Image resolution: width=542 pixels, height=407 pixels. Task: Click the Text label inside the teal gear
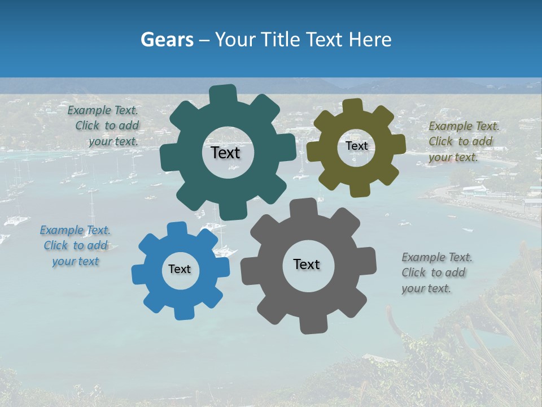(x=225, y=153)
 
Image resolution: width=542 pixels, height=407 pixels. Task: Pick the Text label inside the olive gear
(x=356, y=146)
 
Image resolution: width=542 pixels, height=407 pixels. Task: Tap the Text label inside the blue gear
(x=180, y=270)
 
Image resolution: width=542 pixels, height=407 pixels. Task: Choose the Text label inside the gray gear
(x=307, y=265)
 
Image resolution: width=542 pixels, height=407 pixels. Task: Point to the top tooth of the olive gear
(x=353, y=106)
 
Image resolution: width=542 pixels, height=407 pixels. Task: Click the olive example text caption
(x=464, y=142)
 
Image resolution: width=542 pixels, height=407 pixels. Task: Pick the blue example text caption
(x=75, y=246)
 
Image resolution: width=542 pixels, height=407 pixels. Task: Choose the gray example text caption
(x=436, y=273)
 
